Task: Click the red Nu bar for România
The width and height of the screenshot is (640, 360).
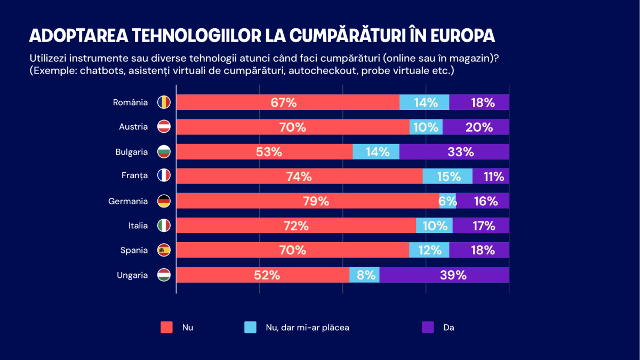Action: [288, 102]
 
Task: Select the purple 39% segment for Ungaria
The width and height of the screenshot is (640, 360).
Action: [444, 275]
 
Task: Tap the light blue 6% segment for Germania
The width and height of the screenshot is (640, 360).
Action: [448, 201]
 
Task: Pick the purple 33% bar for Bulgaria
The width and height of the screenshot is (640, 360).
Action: [454, 152]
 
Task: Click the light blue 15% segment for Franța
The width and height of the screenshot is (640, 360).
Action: [447, 177]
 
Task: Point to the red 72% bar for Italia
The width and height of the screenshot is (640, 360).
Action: [296, 226]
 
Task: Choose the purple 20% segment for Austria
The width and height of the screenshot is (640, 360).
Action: [476, 127]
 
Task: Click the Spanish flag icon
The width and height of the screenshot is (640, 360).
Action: [164, 250]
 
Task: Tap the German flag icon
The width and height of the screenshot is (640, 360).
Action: [164, 201]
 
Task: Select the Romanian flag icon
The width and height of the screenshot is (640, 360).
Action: [164, 102]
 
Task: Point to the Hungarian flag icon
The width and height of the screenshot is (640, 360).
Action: [164, 275]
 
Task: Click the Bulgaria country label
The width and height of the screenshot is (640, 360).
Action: [131, 152]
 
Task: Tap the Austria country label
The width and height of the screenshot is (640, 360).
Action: [133, 127]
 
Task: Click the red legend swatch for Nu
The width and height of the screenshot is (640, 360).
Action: [167, 327]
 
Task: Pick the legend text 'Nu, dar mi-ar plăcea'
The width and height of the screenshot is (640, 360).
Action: [307, 327]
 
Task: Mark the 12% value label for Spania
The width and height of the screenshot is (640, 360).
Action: [429, 250]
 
